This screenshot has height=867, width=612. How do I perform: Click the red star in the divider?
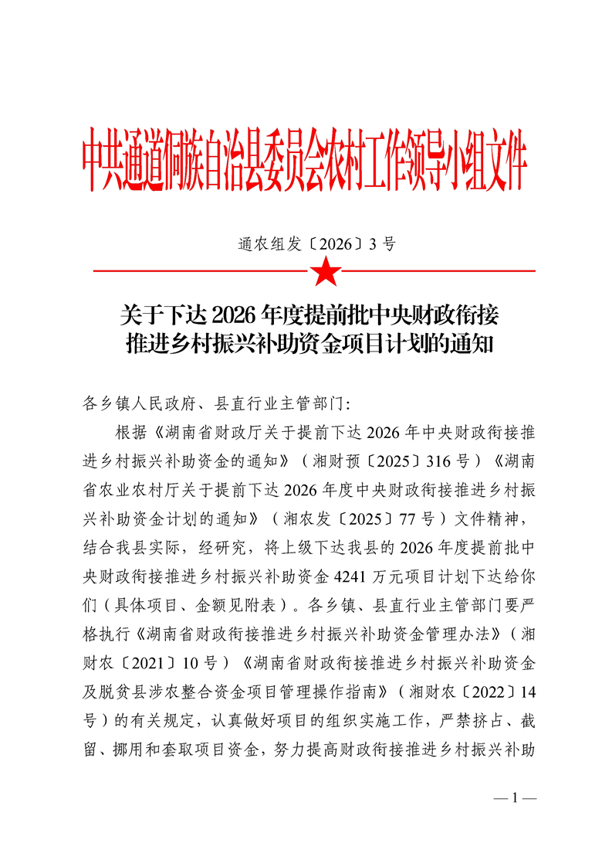[x=325, y=271]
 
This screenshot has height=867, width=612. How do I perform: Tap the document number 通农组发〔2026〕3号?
[x=316, y=244]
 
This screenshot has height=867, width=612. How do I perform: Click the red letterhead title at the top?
[x=305, y=165]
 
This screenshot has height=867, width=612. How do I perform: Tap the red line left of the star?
[x=201, y=271]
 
